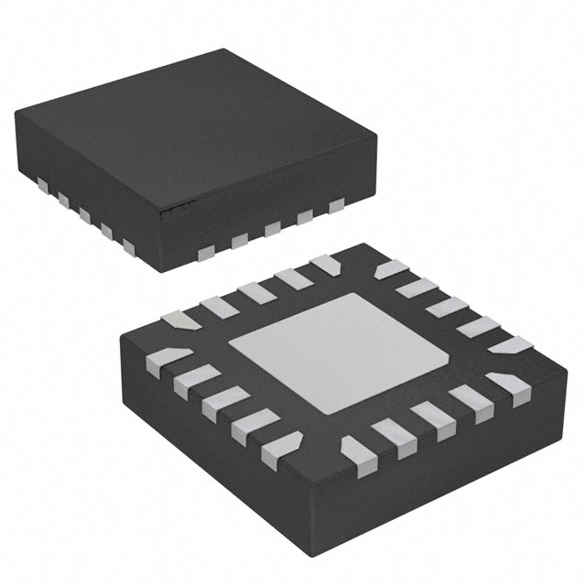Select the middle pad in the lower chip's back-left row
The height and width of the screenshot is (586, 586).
[x=255, y=292]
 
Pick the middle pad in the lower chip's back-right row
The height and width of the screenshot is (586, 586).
[x=443, y=305]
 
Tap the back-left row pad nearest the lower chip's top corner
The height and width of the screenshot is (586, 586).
[x=324, y=265]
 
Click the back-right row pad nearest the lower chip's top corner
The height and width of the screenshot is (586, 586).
[x=391, y=269]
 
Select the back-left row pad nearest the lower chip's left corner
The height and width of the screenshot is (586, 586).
[x=180, y=320]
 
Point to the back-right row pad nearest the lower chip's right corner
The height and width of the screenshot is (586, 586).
[x=510, y=345]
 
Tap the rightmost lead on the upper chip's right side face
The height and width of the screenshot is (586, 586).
[x=336, y=204]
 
